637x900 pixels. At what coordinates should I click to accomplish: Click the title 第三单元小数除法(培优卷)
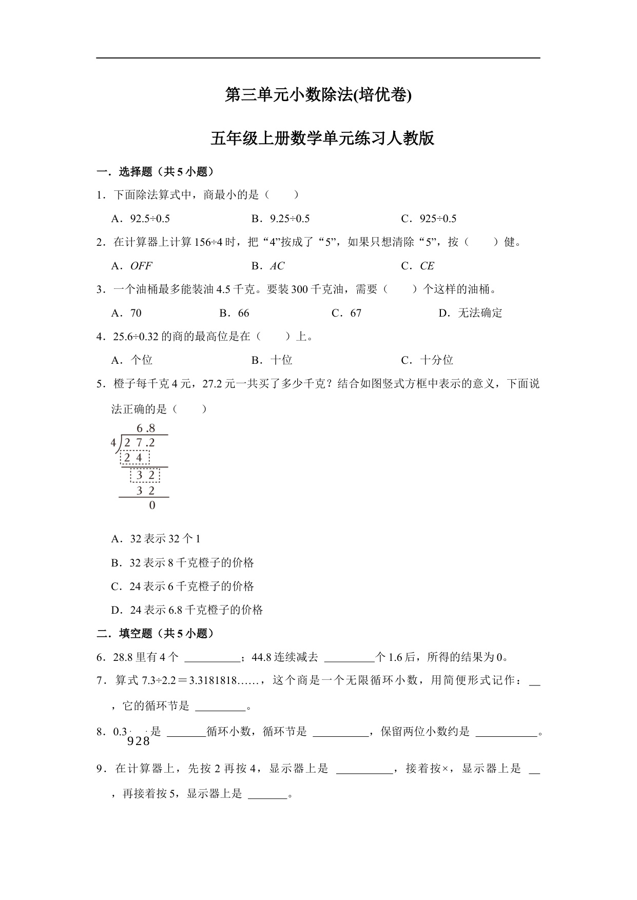318,95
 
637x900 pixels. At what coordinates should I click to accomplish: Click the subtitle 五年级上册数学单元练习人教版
322,139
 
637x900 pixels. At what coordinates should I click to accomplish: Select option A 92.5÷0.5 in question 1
141,219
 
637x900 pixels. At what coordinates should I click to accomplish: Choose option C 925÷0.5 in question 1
429,219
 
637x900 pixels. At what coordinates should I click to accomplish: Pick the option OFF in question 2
141,266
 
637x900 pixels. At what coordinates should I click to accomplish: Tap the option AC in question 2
277,266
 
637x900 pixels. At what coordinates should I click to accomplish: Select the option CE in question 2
427,266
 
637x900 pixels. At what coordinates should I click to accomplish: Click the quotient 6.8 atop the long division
146,428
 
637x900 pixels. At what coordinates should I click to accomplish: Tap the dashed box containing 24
134,457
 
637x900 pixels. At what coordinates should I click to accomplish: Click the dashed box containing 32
145,475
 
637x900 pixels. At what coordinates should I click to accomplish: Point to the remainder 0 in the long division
152,505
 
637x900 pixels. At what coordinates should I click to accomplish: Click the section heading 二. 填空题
155,634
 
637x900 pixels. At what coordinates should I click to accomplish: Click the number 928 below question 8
139,741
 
